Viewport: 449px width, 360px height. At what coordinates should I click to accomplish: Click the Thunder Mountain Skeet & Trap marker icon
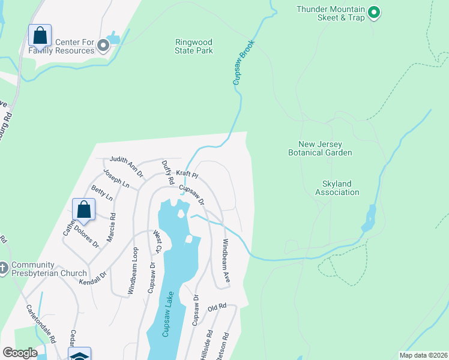tap(373, 12)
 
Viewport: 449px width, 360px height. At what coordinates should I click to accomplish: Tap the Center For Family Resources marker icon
tap(103, 45)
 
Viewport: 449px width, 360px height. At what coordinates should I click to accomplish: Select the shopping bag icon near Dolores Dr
tap(84, 210)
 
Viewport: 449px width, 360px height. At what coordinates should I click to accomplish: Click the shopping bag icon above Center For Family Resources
tap(40, 36)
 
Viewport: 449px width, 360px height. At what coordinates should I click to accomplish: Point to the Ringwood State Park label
tap(194, 47)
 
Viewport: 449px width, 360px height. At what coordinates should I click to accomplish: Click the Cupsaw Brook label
tap(244, 62)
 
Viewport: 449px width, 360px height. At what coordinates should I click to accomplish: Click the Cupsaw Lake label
tap(170, 314)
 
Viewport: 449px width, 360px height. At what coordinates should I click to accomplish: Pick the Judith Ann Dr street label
tap(126, 167)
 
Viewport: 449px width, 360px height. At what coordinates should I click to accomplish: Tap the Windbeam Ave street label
tap(226, 262)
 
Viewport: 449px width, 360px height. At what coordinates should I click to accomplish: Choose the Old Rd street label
tap(217, 307)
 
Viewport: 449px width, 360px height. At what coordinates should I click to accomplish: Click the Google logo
tap(20, 353)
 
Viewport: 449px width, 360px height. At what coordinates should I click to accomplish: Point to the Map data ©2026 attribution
tap(423, 355)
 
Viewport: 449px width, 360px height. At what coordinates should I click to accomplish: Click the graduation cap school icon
tap(79, 355)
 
